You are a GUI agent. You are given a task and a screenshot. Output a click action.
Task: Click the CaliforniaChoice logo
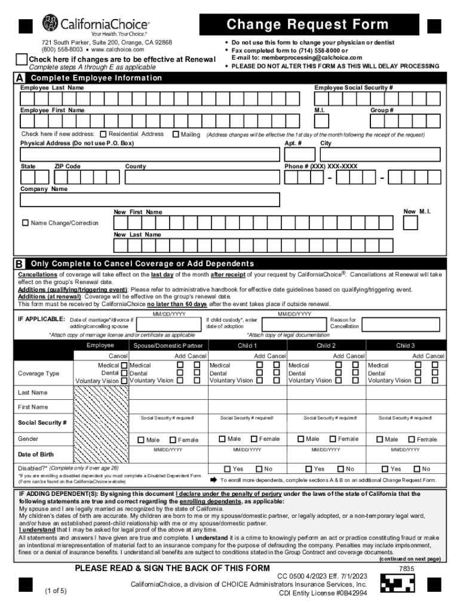pos(95,25)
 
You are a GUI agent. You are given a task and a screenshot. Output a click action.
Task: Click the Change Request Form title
pos(307,25)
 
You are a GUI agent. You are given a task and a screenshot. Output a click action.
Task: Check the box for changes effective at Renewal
pos(22,60)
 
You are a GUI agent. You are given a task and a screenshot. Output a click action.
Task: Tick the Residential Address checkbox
pos(103,135)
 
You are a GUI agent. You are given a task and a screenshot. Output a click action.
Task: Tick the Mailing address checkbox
pos(176,135)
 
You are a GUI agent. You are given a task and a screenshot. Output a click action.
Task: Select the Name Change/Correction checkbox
pos(25,223)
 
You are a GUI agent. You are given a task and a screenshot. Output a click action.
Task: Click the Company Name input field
pos(150,200)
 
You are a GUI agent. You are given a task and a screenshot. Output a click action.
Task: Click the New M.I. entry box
pos(410,223)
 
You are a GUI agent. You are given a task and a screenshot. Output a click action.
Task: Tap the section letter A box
pos(20,79)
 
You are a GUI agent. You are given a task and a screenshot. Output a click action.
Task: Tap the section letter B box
pos(20,264)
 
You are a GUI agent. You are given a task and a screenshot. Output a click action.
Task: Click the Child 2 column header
pos(326,345)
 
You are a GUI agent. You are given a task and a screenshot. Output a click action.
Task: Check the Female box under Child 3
pos(410,439)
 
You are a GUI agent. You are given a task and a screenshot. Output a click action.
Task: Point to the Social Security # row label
pos(42,422)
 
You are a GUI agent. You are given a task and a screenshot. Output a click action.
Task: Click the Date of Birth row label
pos(39,455)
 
